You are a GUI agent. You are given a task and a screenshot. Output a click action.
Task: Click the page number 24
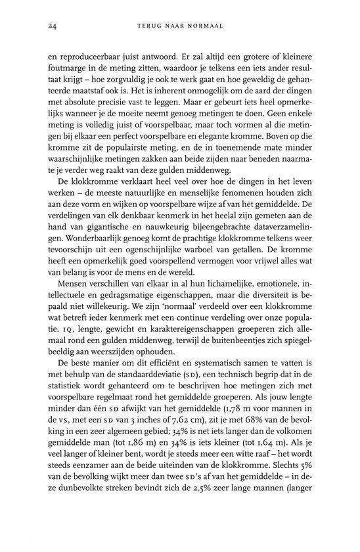53,27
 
